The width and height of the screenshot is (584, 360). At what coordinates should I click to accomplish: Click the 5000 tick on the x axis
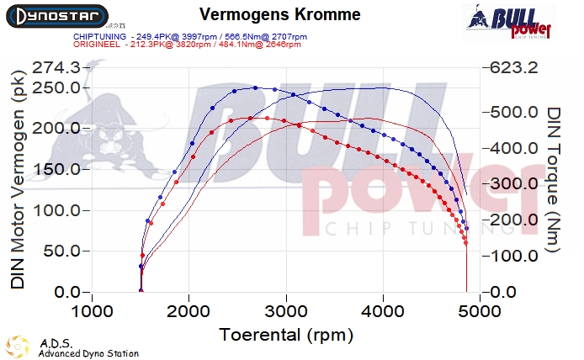click(x=480, y=310)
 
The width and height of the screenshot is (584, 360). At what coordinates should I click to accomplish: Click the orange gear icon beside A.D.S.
click(x=19, y=347)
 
